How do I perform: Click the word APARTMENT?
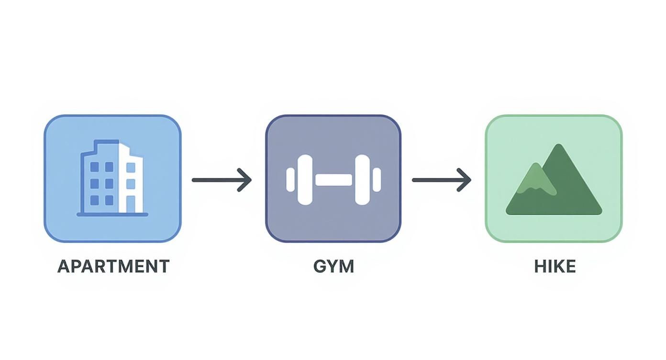[113, 266]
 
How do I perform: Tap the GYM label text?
[333, 266]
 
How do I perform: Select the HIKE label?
[555, 266]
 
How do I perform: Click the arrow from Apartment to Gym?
[221, 180]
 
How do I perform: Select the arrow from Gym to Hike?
[441, 180]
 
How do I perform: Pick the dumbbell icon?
[333, 180]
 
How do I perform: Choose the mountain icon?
[554, 182]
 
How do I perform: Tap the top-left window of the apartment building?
[95, 167]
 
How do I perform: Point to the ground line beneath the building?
[112, 214]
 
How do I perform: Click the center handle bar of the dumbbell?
[333, 180]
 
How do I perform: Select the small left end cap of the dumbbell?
[290, 180]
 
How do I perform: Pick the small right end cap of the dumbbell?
[377, 180]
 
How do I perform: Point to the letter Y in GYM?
[333, 266]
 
